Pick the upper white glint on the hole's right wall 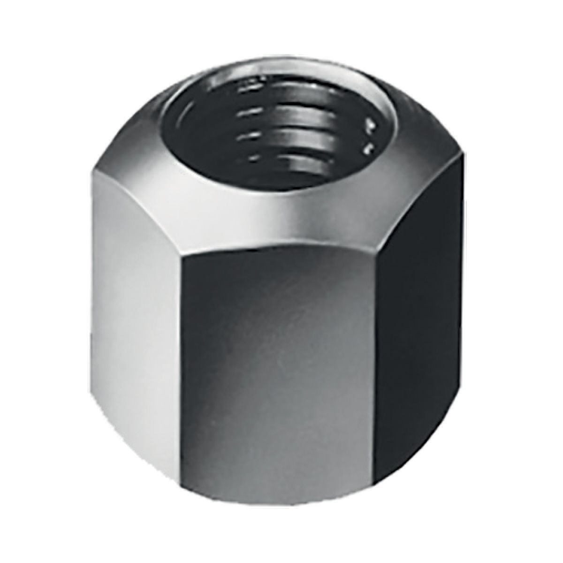point(371,126)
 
